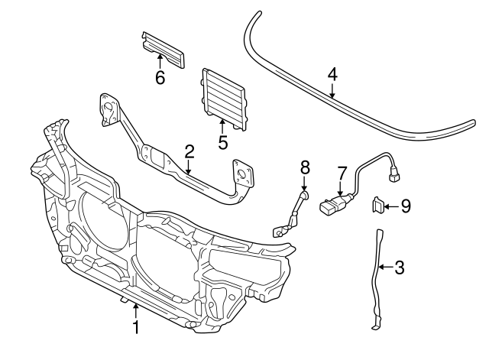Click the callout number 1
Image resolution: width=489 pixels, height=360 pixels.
coord(136,328)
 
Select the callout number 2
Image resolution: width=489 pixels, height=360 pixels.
coord(189,151)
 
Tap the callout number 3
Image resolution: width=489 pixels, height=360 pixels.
coord(398,268)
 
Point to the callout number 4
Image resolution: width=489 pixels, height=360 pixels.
coord(332,74)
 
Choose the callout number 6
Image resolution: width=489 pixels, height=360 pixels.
coord(160,77)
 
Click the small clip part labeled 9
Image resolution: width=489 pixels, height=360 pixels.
coord(377,205)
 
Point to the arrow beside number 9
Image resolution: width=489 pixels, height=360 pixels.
coord(391,205)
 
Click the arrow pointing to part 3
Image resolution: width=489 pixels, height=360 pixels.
coord(385,268)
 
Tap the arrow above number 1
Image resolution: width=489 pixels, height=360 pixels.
coord(136,310)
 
